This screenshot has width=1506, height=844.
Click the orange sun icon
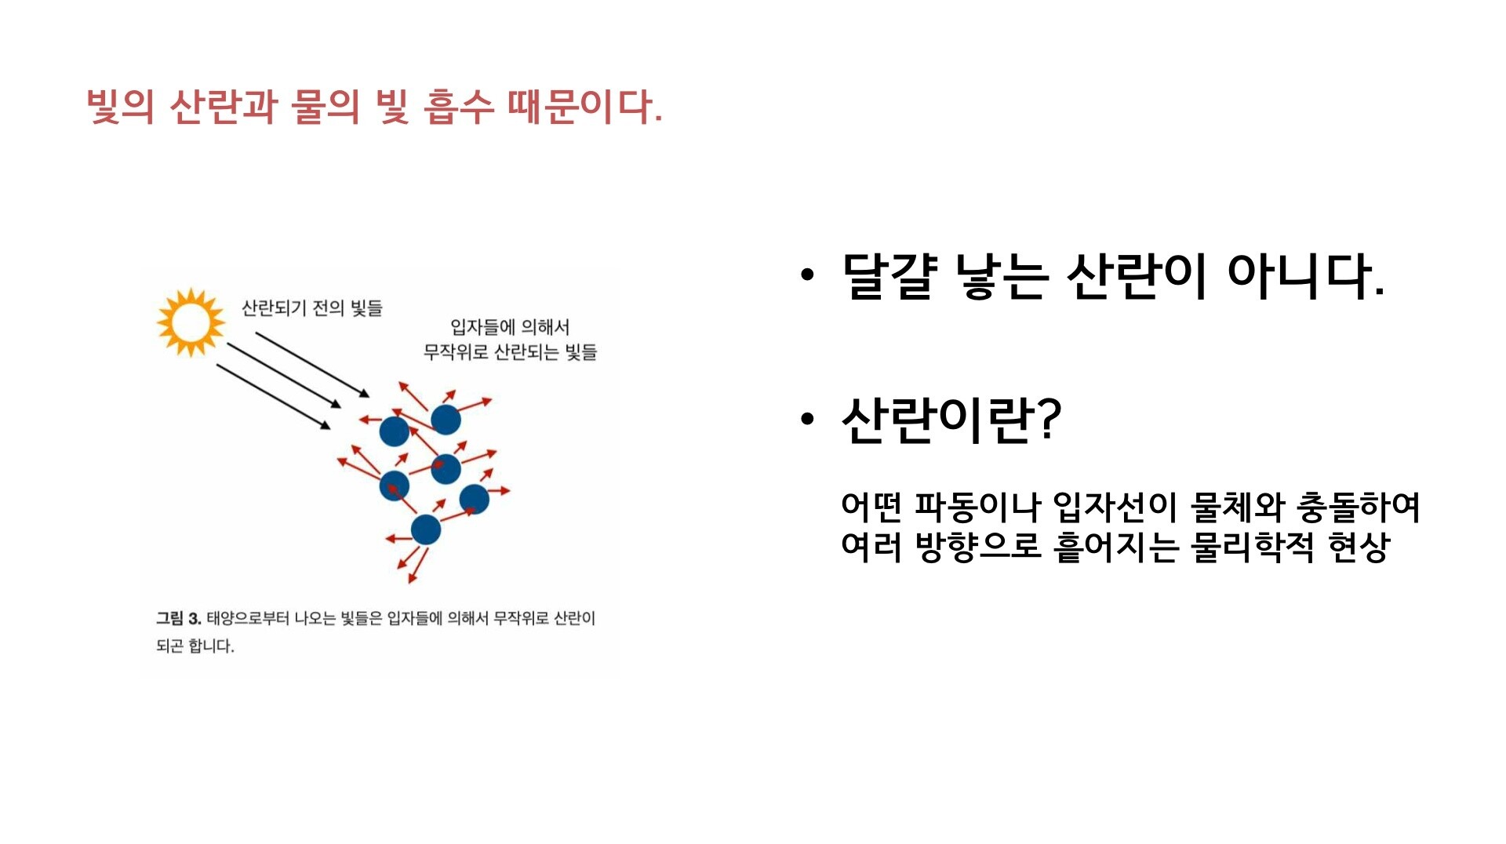[190, 322]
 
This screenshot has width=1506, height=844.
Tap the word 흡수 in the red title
[458, 107]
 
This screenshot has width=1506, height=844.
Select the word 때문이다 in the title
[584, 107]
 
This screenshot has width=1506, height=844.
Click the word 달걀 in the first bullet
[889, 276]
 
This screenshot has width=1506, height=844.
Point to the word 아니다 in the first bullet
[1305, 276]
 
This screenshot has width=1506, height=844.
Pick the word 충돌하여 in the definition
[1358, 507]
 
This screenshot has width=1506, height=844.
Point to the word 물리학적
[1253, 547]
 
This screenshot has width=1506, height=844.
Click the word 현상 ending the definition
[1359, 547]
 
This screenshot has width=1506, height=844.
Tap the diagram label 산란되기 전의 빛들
[312, 307]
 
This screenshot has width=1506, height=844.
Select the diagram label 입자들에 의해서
[510, 327]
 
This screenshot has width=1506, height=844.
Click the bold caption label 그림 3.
[179, 618]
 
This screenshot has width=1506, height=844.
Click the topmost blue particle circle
[446, 420]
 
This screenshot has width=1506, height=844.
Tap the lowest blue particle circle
[426, 529]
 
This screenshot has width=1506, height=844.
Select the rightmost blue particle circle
[475, 499]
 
